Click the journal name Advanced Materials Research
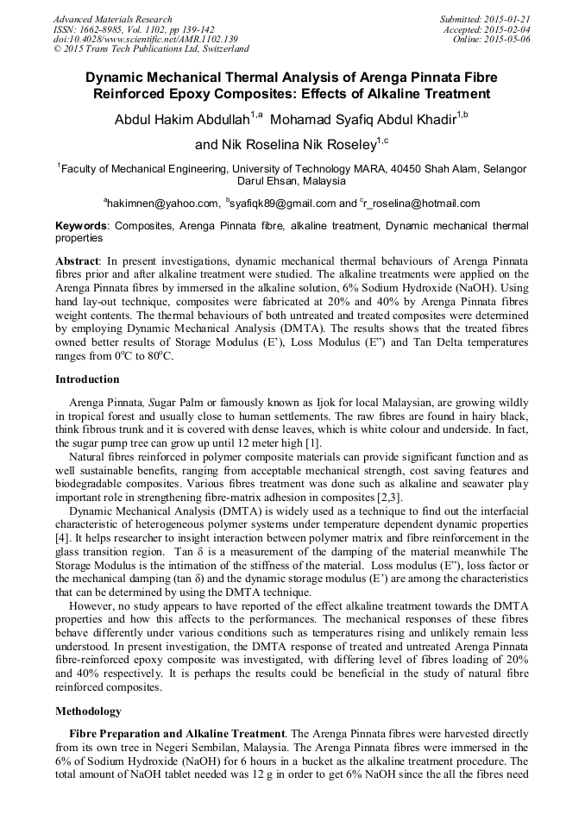click(112, 19)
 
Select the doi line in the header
click(145, 39)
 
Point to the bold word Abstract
click(77, 260)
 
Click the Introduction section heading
click(87, 379)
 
